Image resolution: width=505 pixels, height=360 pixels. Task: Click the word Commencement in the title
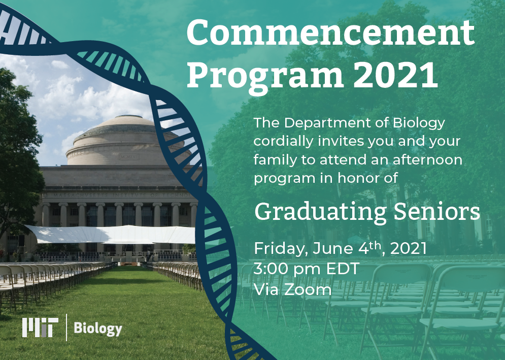(x=330, y=32)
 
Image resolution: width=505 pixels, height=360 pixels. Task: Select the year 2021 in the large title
(x=395, y=75)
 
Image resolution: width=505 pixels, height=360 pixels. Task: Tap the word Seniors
(x=436, y=212)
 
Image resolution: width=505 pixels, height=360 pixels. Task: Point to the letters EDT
(x=343, y=269)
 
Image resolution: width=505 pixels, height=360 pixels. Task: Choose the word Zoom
(x=308, y=289)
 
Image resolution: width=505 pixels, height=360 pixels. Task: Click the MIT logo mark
(x=40, y=328)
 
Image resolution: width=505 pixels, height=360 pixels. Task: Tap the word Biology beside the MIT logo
(x=98, y=329)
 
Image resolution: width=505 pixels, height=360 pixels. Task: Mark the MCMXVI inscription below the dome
(x=129, y=157)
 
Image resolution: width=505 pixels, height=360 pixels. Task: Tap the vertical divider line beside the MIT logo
(x=66, y=328)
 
